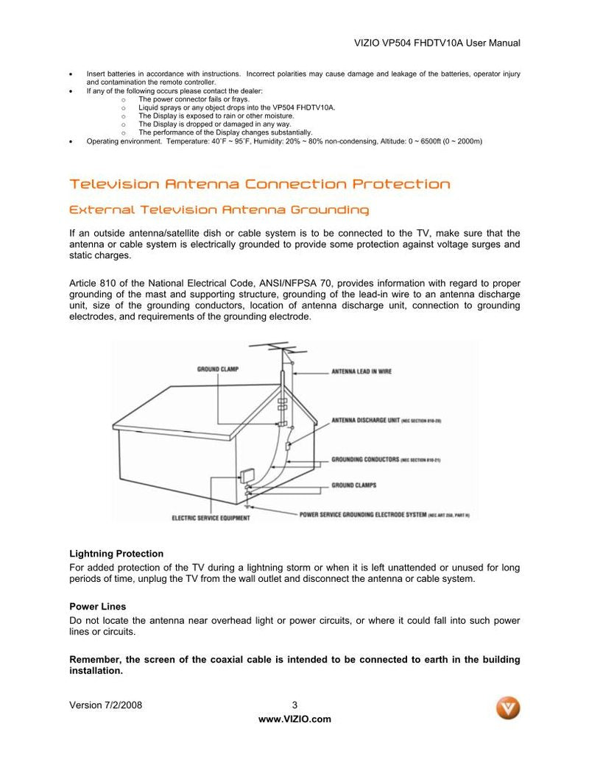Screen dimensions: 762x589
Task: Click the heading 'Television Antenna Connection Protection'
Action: click(259, 184)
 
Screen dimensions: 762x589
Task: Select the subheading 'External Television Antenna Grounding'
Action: click(219, 210)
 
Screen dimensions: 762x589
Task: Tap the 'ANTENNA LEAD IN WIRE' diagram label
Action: click(361, 371)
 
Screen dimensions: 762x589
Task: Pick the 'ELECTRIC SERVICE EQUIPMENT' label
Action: click(210, 518)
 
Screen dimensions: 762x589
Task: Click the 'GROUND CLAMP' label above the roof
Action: click(217, 368)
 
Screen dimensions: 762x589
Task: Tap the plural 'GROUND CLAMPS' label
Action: click(354, 485)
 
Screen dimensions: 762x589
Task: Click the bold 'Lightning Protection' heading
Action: click(116, 554)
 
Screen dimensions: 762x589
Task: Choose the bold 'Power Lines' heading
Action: click(98, 607)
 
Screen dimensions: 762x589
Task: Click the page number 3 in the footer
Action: click(294, 705)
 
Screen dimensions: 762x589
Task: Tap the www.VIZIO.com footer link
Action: click(294, 719)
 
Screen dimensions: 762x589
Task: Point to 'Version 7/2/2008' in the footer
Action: click(105, 705)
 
